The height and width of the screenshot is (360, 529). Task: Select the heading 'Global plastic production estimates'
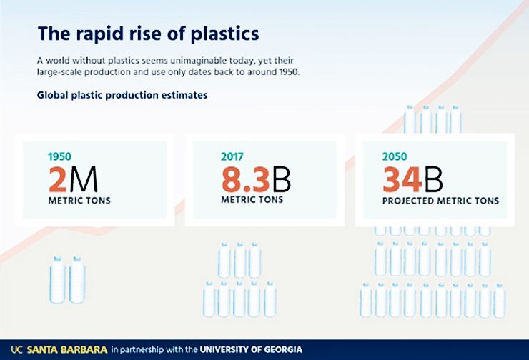[122, 95]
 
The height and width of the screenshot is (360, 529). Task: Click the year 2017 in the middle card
[232, 156]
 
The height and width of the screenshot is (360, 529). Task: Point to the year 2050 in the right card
[395, 156]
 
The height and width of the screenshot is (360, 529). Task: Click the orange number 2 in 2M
[59, 179]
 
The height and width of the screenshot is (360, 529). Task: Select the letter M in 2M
[84, 179]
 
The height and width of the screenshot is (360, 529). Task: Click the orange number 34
[403, 179]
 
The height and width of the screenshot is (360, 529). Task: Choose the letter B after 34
[434, 179]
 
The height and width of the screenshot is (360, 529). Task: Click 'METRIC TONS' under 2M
[79, 201]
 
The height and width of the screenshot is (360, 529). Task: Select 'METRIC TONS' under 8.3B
[252, 200]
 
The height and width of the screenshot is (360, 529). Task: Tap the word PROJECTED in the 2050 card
[410, 201]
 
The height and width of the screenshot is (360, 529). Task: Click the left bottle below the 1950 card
[58, 280]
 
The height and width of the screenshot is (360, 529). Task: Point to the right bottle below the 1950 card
[76, 280]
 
